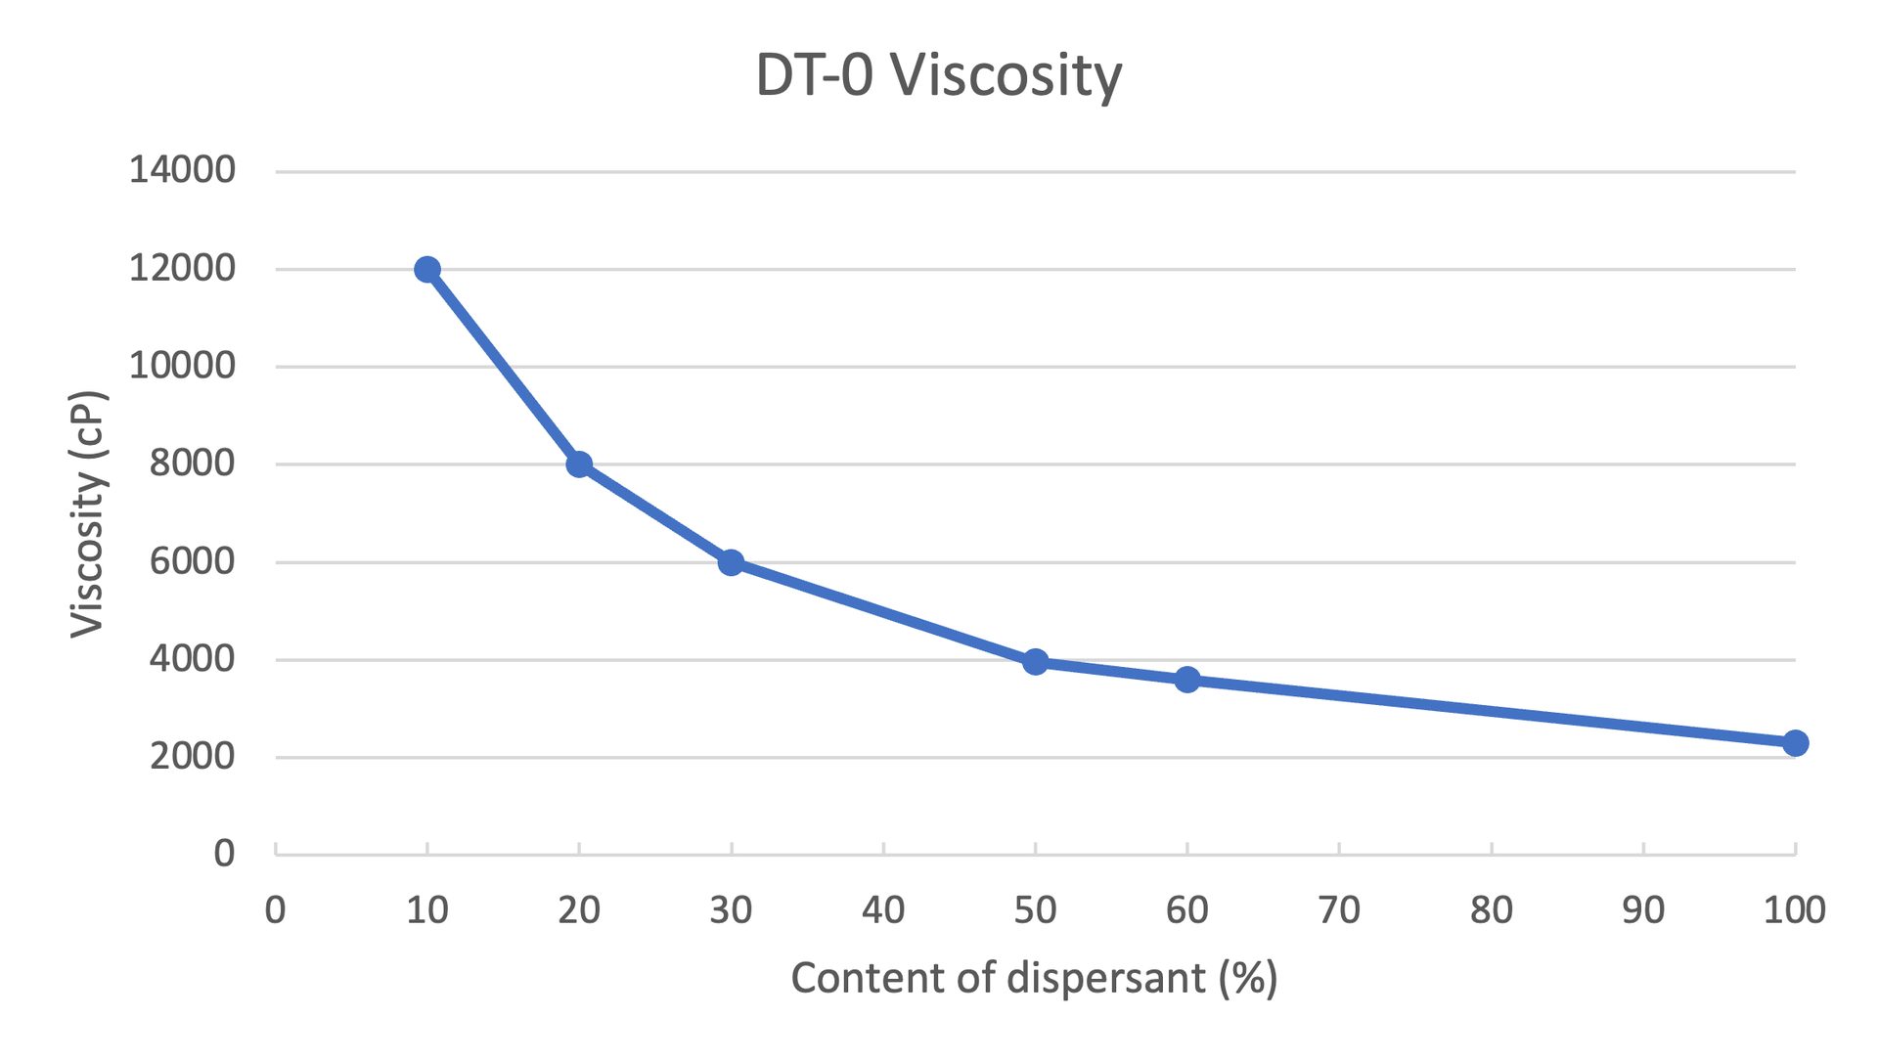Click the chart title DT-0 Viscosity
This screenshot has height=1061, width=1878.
pos(939,75)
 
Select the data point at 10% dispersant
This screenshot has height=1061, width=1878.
pos(427,269)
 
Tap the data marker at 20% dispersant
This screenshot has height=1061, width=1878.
pos(579,464)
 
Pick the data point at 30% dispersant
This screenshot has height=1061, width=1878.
pos(731,562)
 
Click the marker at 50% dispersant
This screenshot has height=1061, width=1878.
pos(1035,662)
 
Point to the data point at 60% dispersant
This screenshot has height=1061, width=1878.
pos(1187,680)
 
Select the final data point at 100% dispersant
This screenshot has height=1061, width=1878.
pos(1795,743)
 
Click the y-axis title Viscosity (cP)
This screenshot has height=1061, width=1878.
pos(87,514)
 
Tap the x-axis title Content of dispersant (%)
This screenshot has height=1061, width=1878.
pos(1034,978)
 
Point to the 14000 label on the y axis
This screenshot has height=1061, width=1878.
pos(182,170)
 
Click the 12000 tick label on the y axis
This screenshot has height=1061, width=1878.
pos(182,268)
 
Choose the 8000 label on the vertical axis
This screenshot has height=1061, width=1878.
pos(192,464)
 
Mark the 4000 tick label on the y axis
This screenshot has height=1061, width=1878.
pos(192,659)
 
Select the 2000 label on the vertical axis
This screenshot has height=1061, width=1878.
pos(192,756)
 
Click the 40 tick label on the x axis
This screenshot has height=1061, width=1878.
pos(883,910)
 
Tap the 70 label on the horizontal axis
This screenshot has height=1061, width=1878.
pos(1339,910)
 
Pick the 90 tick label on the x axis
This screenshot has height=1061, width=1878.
pos(1643,910)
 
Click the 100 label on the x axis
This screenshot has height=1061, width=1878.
pos(1794,910)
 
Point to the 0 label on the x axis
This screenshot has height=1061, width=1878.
pos(276,910)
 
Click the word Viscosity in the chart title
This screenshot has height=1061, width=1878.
pos(1006,75)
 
